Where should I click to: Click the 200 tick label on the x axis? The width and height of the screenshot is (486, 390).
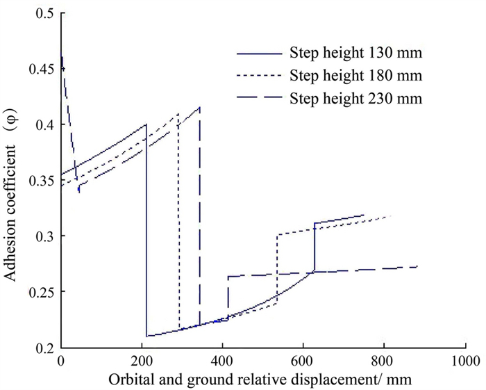tap(142, 361)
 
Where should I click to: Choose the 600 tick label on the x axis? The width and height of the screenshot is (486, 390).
tap(303, 361)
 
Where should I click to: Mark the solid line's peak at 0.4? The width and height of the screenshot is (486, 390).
tap(146, 124)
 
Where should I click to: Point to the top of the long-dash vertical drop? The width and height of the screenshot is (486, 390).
tap(200, 107)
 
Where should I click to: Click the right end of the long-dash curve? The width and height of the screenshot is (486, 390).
tap(418, 266)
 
